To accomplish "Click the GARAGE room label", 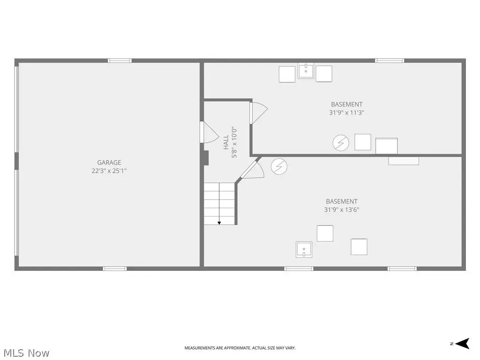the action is click(109, 163).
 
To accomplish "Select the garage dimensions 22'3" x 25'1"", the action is click(109, 171).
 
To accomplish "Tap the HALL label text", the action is click(226, 142).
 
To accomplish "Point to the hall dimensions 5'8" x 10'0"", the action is click(234, 142).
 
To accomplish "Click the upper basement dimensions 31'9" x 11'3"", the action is click(346, 112).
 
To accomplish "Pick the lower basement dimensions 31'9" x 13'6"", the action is click(342, 210).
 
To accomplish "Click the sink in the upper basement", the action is click(306, 71).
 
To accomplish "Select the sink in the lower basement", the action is click(304, 249).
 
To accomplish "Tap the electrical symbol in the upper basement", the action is click(341, 142).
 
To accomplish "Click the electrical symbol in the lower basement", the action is click(279, 166).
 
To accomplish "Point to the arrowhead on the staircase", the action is click(219, 223).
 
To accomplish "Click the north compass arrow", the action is click(462, 344).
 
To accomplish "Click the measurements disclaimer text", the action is click(240, 348).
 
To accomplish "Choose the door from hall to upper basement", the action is click(258, 113).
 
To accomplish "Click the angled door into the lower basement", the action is click(253, 169).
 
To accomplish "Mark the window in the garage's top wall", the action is click(120, 60).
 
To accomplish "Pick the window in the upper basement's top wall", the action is click(390, 60).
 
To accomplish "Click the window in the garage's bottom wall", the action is click(115, 269).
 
